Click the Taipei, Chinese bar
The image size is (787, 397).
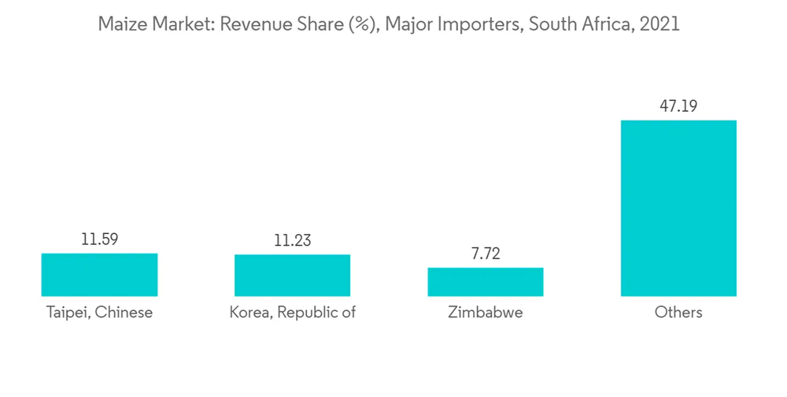point(99,275)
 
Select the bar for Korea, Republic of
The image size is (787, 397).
point(292,276)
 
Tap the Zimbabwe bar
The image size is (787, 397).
point(485,282)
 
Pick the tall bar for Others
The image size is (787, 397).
point(678,208)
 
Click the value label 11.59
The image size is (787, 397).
point(99,239)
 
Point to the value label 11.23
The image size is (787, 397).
point(292,240)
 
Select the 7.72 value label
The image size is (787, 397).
point(485,254)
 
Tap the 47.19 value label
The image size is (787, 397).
point(678,106)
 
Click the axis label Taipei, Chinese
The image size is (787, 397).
point(99,313)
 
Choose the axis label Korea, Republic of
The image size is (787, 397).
point(292,313)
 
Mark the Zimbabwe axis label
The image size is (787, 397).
point(485,313)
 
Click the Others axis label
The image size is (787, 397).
point(678,313)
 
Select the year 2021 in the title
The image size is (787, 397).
point(660,24)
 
